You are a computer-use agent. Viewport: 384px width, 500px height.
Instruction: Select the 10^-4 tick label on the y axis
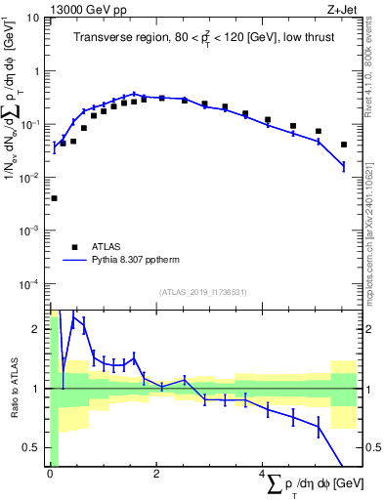click(x=30, y=284)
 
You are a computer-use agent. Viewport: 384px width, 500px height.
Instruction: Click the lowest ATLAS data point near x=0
click(x=54, y=198)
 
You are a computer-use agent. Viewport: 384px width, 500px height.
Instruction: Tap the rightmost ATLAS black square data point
click(x=343, y=145)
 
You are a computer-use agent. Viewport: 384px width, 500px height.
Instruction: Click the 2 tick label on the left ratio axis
click(x=39, y=329)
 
